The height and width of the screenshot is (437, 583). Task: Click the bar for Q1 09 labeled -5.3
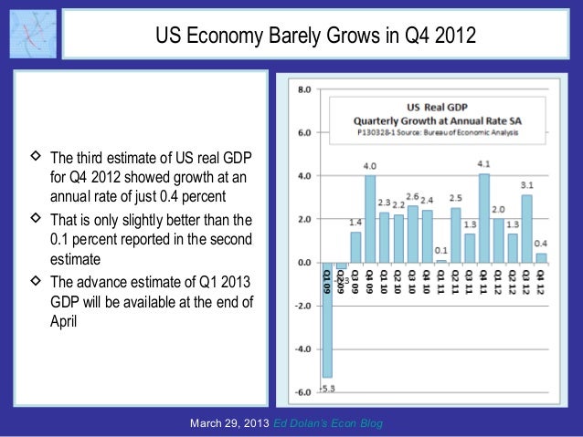[327, 319]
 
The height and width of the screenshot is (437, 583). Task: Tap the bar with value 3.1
[526, 228]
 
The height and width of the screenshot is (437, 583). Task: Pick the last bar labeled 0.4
[541, 257]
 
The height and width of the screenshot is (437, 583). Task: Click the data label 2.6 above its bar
[413, 196]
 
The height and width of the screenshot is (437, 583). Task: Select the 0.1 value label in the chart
[441, 251]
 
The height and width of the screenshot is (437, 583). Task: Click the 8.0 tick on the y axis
[302, 89]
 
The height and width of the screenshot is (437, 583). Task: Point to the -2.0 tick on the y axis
[302, 306]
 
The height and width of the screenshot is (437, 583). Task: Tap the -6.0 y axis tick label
[302, 392]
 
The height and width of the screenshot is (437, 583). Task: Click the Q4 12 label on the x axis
[541, 281]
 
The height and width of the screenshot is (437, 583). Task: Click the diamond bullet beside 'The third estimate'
[36, 156]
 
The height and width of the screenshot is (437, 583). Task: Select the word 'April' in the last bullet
[65, 322]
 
